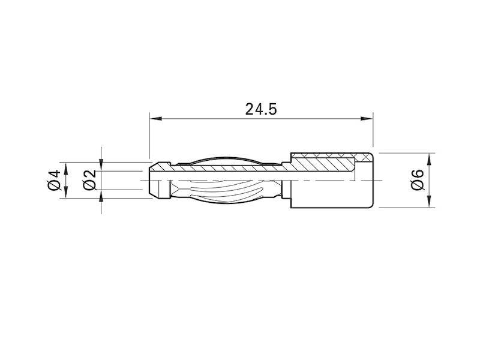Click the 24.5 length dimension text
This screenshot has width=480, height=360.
click(261, 109)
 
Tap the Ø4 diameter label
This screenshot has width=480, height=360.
click(53, 181)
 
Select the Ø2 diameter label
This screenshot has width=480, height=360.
click(89, 181)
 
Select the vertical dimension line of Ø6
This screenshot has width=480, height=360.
click(429, 180)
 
